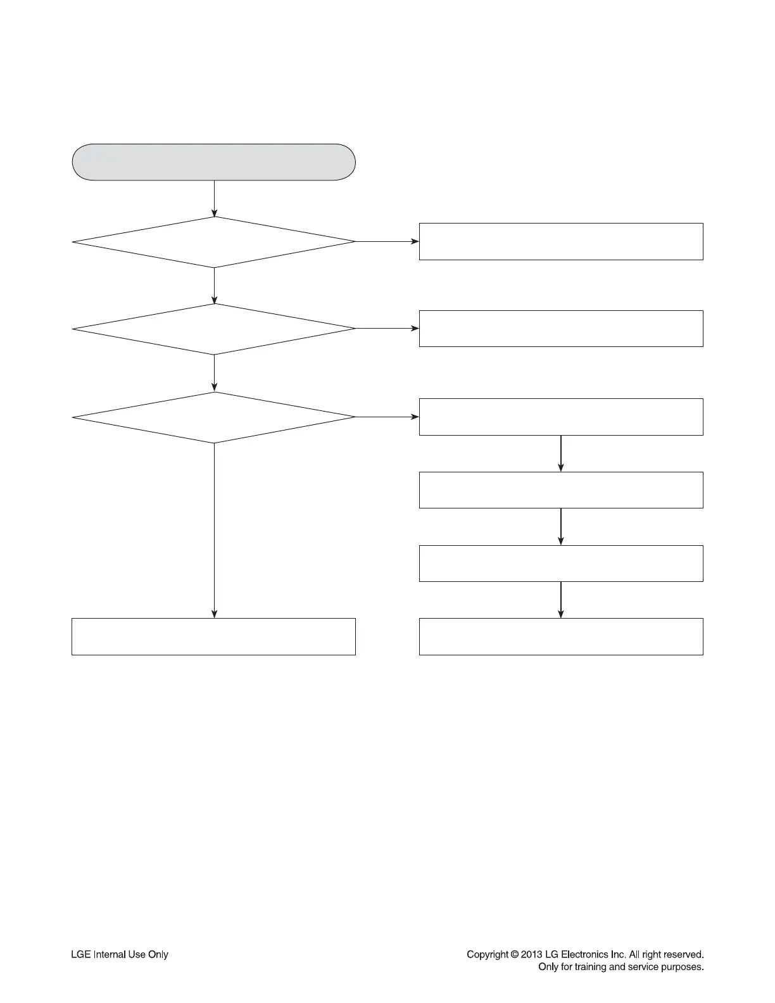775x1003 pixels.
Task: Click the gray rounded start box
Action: [x=214, y=162]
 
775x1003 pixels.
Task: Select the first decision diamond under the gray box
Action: [x=214, y=242]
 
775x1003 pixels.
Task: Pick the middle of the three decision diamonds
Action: [x=214, y=329]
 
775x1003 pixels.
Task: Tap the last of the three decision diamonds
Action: [x=214, y=417]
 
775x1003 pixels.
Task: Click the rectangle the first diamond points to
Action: [x=561, y=241]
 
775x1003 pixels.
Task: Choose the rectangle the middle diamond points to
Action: [x=561, y=329]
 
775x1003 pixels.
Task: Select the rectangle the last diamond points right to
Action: [x=561, y=417]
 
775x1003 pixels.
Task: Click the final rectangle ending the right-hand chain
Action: [x=561, y=636]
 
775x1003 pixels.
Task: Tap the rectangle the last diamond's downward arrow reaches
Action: [x=213, y=636]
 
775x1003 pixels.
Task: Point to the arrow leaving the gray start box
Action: [x=214, y=198]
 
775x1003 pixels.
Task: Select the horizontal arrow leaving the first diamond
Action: [x=387, y=241]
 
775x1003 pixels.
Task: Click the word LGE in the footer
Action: [x=80, y=954]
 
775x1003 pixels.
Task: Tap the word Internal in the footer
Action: [x=109, y=954]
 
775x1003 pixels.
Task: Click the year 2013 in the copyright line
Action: [x=532, y=954]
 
